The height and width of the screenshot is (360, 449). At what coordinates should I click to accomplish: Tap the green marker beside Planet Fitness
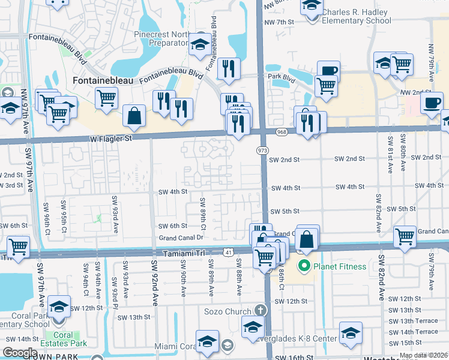tap(305, 265)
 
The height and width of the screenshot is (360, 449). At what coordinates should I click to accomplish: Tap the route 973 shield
tap(262, 149)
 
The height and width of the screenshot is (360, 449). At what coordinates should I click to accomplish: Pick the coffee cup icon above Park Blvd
tap(328, 71)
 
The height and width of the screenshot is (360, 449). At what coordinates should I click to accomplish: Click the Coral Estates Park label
tap(63, 340)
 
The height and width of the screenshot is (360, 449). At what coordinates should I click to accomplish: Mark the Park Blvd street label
tap(282, 77)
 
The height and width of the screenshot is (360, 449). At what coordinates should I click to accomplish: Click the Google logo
tap(20, 353)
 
